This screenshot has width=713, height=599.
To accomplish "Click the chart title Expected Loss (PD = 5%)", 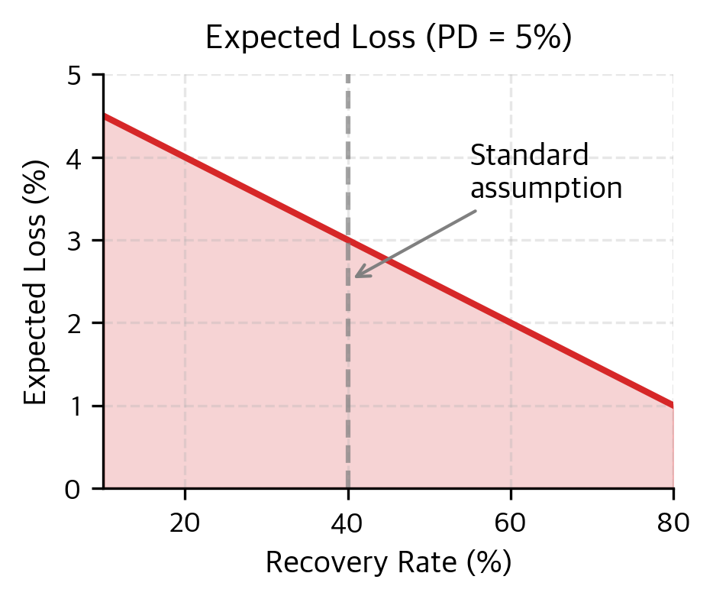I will click(389, 39).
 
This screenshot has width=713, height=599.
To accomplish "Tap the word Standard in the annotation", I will click(529, 156).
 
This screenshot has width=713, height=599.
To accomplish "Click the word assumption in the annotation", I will click(546, 188).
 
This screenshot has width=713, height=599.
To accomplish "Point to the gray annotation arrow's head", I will click(356, 276).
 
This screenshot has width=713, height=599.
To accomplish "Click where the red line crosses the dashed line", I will click(348, 241).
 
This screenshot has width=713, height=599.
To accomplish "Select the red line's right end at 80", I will click(673, 405).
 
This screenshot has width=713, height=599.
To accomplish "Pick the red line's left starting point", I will click(105, 116).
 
